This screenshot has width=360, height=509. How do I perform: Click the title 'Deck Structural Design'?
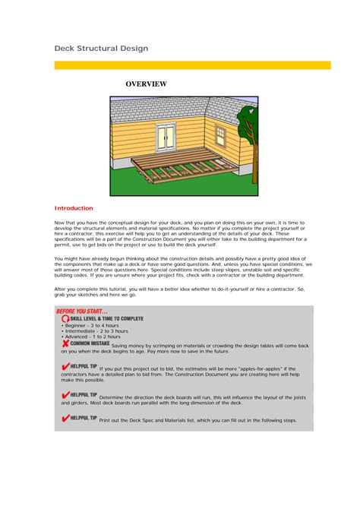101,49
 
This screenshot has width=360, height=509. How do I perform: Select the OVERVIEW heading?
146,84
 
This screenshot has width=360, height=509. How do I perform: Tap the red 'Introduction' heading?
74,208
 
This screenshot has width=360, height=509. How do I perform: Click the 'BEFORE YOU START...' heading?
81,311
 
